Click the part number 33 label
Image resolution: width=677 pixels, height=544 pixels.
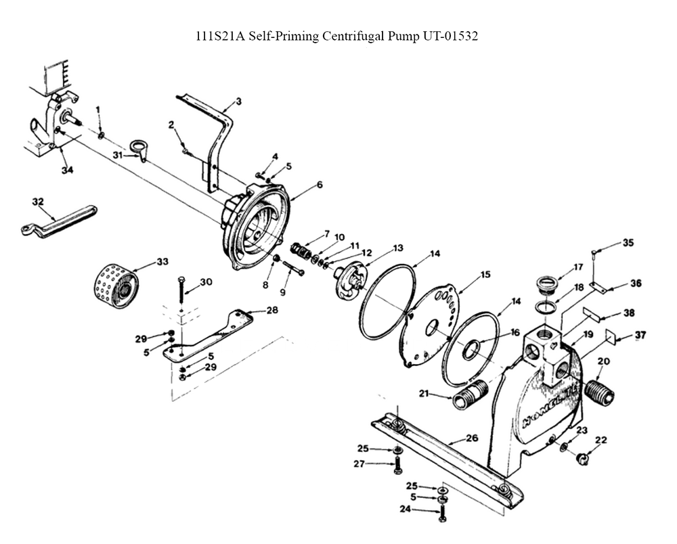point(162,262)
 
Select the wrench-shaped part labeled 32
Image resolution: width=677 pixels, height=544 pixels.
point(59,221)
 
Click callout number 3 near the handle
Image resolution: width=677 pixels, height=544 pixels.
point(238,101)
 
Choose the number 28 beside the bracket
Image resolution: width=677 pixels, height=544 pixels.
point(272,310)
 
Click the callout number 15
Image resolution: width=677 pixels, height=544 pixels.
point(485,275)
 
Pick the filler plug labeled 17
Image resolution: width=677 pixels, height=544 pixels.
point(546,286)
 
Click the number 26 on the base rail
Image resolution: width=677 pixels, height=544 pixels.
point(472,438)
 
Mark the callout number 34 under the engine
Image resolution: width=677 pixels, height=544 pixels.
point(67,171)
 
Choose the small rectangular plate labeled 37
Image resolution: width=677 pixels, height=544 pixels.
point(610,337)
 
